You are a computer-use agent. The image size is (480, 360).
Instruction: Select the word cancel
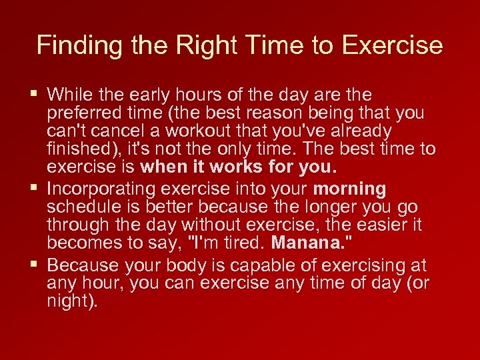tap(113, 131)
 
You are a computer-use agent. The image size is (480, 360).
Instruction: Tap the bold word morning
tap(349, 189)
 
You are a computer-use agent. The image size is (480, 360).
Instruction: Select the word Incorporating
tap(105, 189)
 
